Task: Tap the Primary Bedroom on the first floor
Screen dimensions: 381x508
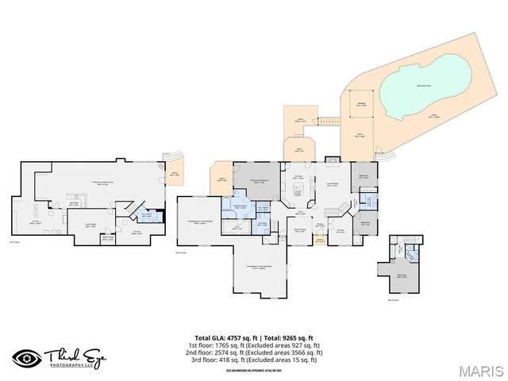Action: (x=256, y=182)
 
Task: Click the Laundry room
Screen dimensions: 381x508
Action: (x=261, y=225)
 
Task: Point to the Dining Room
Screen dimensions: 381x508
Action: (x=300, y=231)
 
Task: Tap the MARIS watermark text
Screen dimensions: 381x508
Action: (x=475, y=369)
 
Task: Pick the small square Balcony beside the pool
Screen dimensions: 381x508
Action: (x=361, y=103)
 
